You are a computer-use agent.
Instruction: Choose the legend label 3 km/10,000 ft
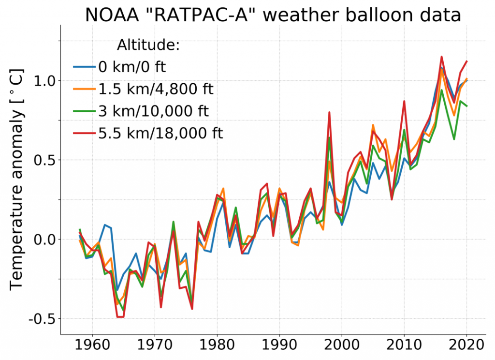pos(153,111)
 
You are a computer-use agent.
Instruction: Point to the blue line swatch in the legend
pos(85,67)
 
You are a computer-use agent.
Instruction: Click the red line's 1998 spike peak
pos(329,112)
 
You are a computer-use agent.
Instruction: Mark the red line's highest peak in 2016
pos(441,57)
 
